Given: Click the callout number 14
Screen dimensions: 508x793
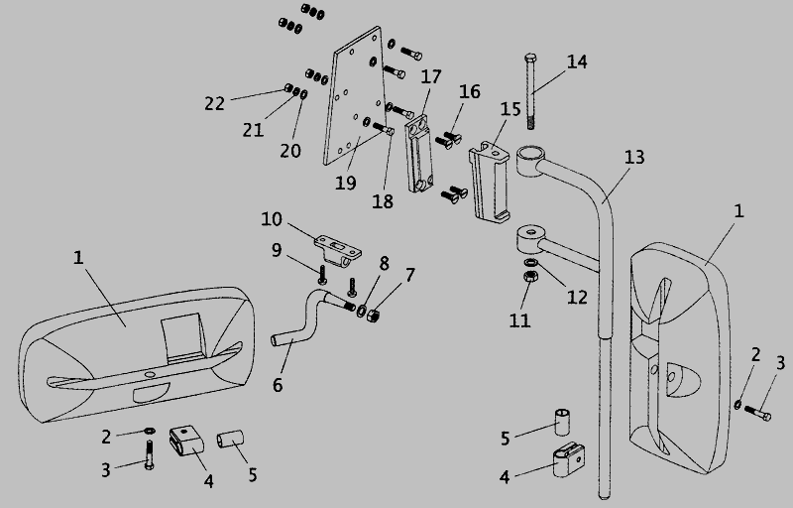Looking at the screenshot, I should point(577,63).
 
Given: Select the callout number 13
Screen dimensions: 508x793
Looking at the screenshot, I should point(634,157).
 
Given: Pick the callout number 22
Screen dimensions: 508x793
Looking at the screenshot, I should point(215,102).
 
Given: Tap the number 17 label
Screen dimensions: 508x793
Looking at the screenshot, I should point(430,75).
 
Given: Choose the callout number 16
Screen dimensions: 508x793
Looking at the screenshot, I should point(469,91).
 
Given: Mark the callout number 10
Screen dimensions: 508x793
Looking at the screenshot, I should point(273,218).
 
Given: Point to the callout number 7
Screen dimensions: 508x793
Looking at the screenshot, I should point(409,274).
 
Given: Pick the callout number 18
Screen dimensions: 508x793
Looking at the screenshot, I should point(383,200).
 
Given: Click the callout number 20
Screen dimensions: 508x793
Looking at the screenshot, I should point(289,151).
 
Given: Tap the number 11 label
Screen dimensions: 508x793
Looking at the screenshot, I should point(519,319).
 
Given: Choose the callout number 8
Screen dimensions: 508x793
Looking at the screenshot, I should point(384,262).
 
